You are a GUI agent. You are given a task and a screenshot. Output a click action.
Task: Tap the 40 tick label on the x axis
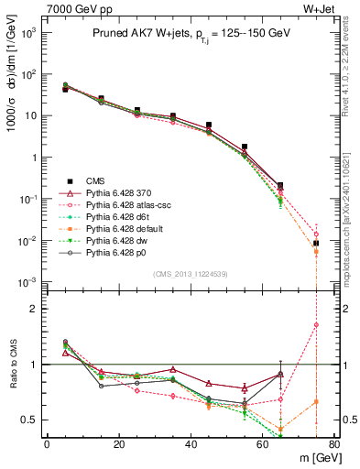[x=190, y=444]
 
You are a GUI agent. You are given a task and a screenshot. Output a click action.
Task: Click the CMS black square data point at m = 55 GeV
[x=244, y=147]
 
